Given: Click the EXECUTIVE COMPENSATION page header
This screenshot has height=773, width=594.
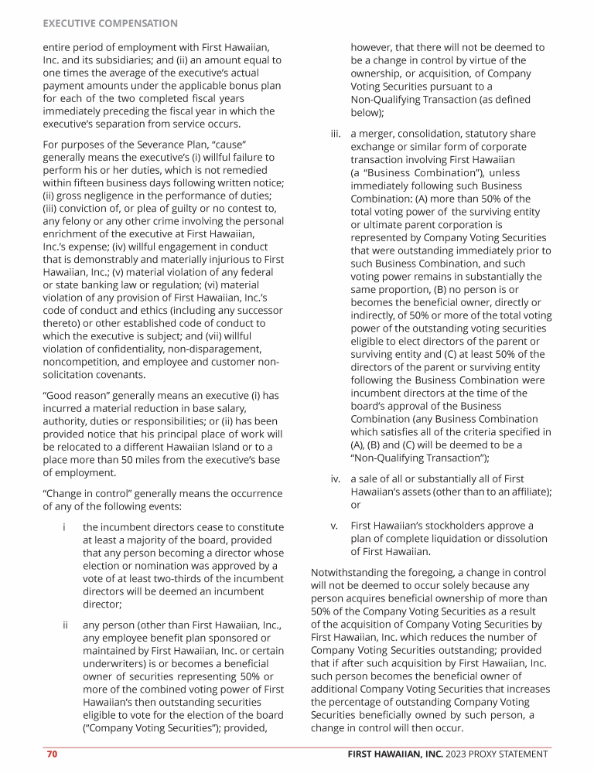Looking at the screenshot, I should pyautogui.click(x=110, y=24).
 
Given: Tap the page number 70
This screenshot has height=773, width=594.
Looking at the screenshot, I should pyautogui.click(x=52, y=754).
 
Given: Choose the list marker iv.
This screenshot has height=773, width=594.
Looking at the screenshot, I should pyautogui.click(x=336, y=478).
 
